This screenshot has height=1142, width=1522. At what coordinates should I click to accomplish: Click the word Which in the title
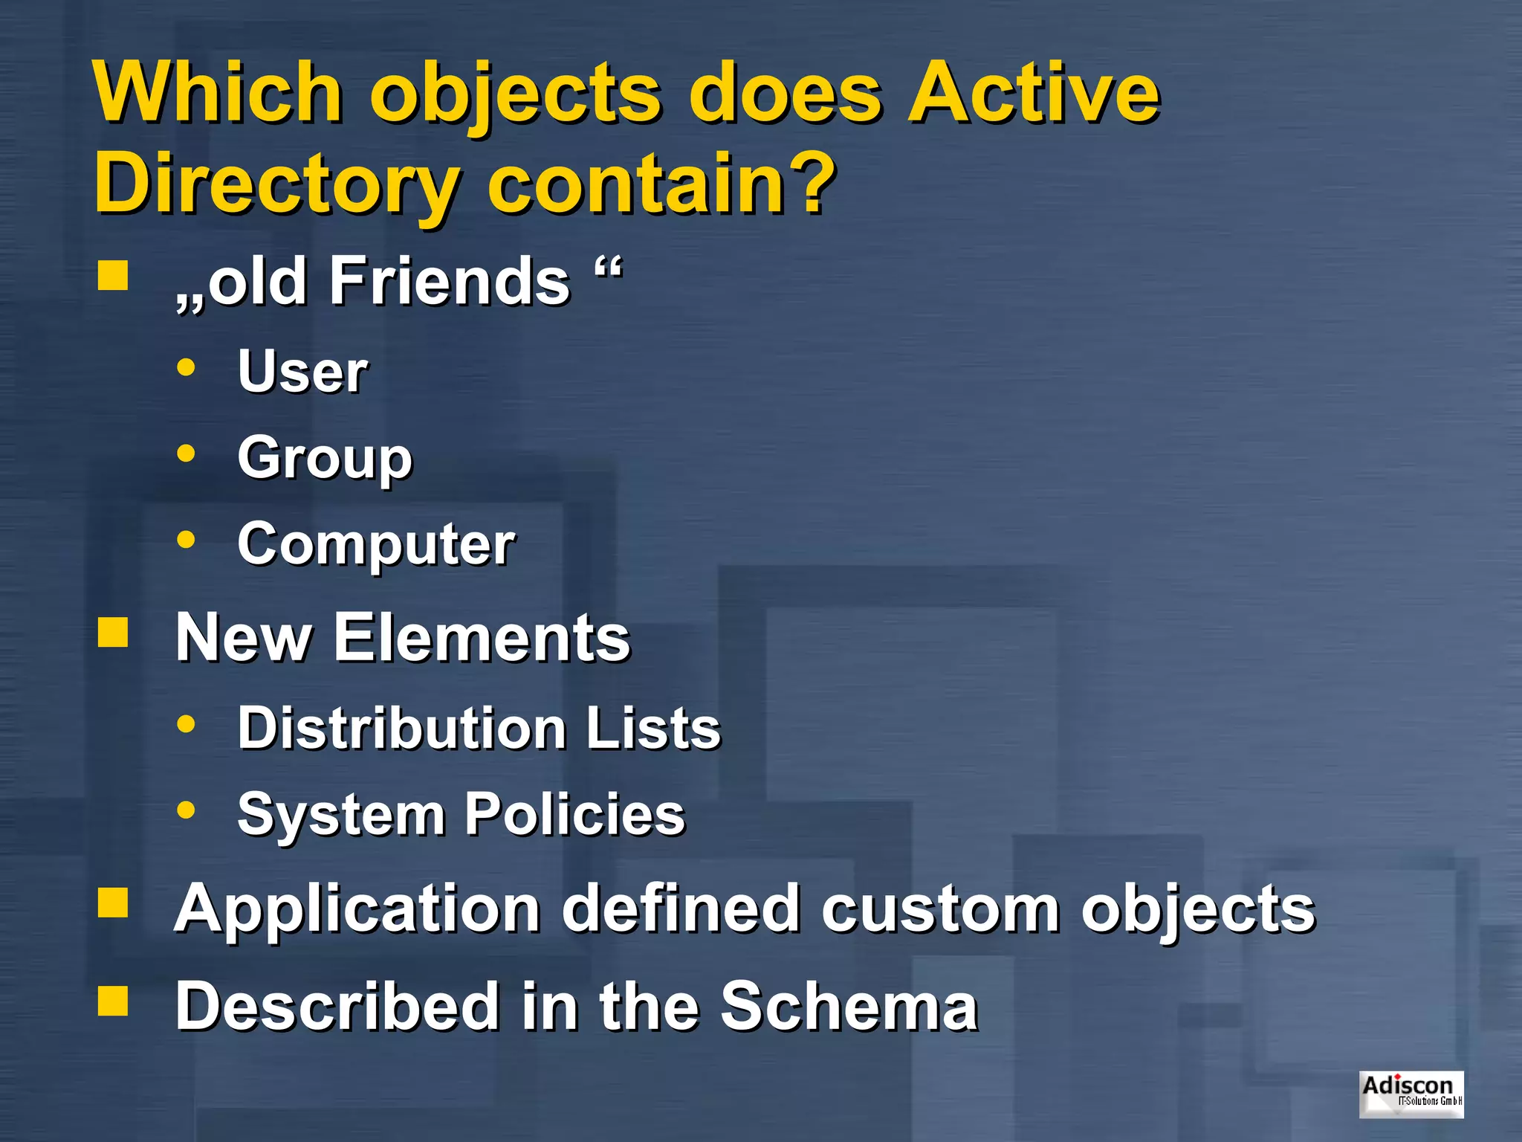(x=218, y=93)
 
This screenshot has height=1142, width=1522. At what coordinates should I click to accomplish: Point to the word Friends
(x=449, y=281)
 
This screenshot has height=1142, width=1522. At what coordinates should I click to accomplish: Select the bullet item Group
(x=325, y=458)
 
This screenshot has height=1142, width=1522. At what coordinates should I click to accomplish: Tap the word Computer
(x=376, y=544)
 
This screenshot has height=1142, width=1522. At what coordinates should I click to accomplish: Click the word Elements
(x=482, y=638)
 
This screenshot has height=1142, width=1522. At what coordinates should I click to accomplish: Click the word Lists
(x=653, y=727)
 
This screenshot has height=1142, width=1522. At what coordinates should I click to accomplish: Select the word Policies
(x=574, y=813)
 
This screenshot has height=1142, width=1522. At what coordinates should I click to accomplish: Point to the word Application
(x=357, y=909)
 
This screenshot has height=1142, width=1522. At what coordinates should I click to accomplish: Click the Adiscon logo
(x=1411, y=1094)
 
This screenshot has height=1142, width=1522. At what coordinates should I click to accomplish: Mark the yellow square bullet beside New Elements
(x=113, y=633)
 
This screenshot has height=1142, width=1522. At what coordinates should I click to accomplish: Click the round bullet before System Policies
(x=187, y=810)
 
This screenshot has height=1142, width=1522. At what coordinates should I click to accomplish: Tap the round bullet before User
(x=187, y=367)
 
